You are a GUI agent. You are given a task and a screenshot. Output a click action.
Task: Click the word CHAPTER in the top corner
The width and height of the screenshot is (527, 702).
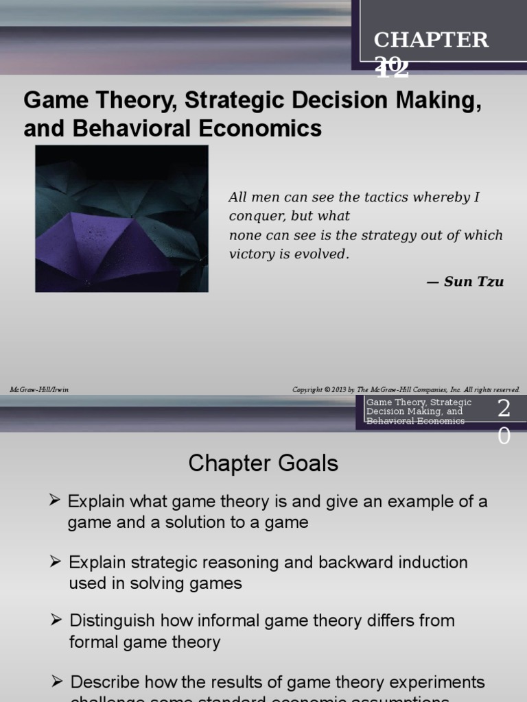pyautogui.click(x=431, y=40)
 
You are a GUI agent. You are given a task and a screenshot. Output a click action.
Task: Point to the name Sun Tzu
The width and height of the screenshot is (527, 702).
pyautogui.click(x=473, y=282)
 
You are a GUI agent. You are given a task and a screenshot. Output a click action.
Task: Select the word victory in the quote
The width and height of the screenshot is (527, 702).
pyautogui.click(x=251, y=254)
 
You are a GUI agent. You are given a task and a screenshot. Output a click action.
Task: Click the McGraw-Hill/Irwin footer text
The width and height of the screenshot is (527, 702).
pyautogui.click(x=39, y=389)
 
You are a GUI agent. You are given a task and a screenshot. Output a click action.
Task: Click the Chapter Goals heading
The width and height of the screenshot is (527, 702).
pyautogui.click(x=263, y=463)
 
